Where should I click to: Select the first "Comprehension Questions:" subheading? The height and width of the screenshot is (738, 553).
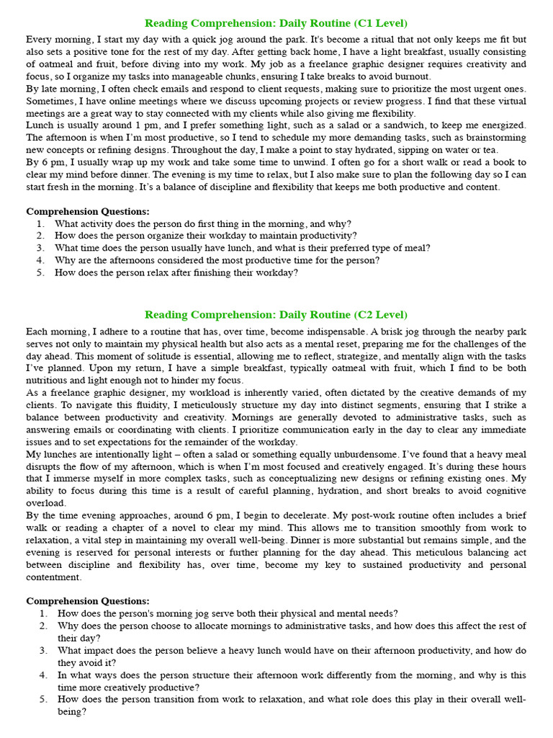(x=88, y=212)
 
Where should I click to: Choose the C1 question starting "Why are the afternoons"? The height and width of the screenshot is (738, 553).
(x=217, y=260)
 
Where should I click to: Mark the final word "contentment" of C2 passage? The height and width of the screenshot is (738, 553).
(x=55, y=577)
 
